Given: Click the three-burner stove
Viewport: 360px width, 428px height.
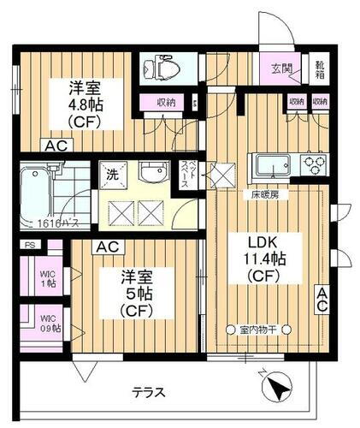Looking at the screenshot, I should [312, 163].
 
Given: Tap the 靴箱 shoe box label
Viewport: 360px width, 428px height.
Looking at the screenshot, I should [319, 68].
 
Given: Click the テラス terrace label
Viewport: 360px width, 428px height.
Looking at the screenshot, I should [149, 393].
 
